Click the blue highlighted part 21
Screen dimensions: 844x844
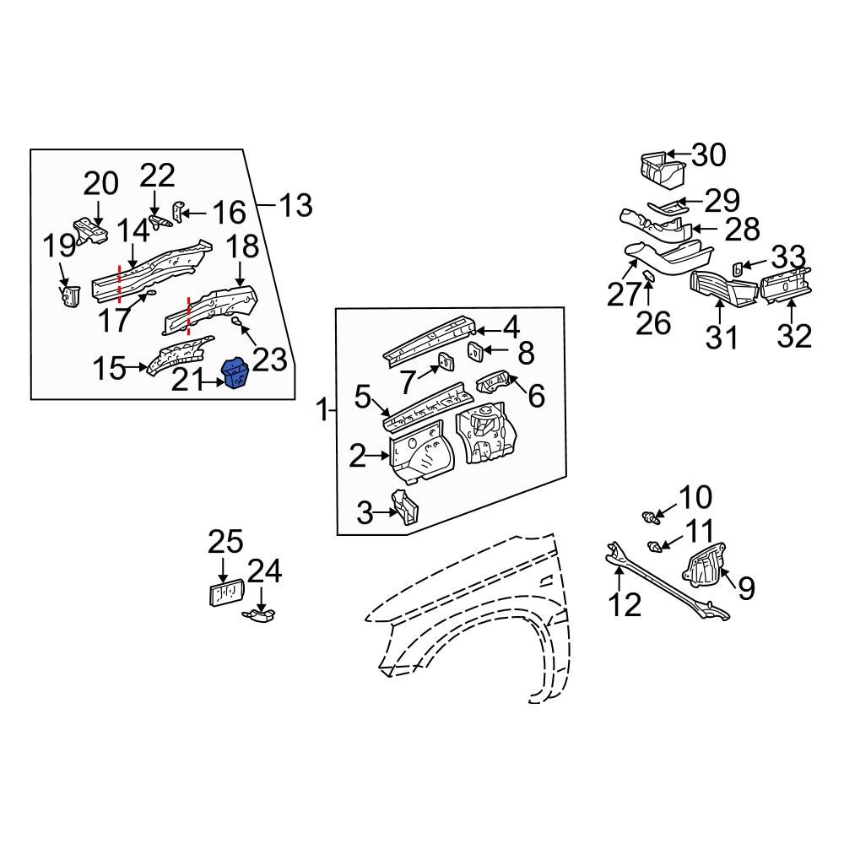pos(234,374)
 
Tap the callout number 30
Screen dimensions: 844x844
pos(708,155)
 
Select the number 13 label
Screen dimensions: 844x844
pos(295,205)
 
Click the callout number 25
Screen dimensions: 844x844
pos(225,542)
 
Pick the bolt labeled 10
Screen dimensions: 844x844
pos(647,513)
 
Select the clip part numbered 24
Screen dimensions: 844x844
pos(262,619)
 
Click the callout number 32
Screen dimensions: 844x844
pos(794,335)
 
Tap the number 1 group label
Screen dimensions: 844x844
pos(322,412)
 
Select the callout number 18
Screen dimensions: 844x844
pos(242,248)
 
